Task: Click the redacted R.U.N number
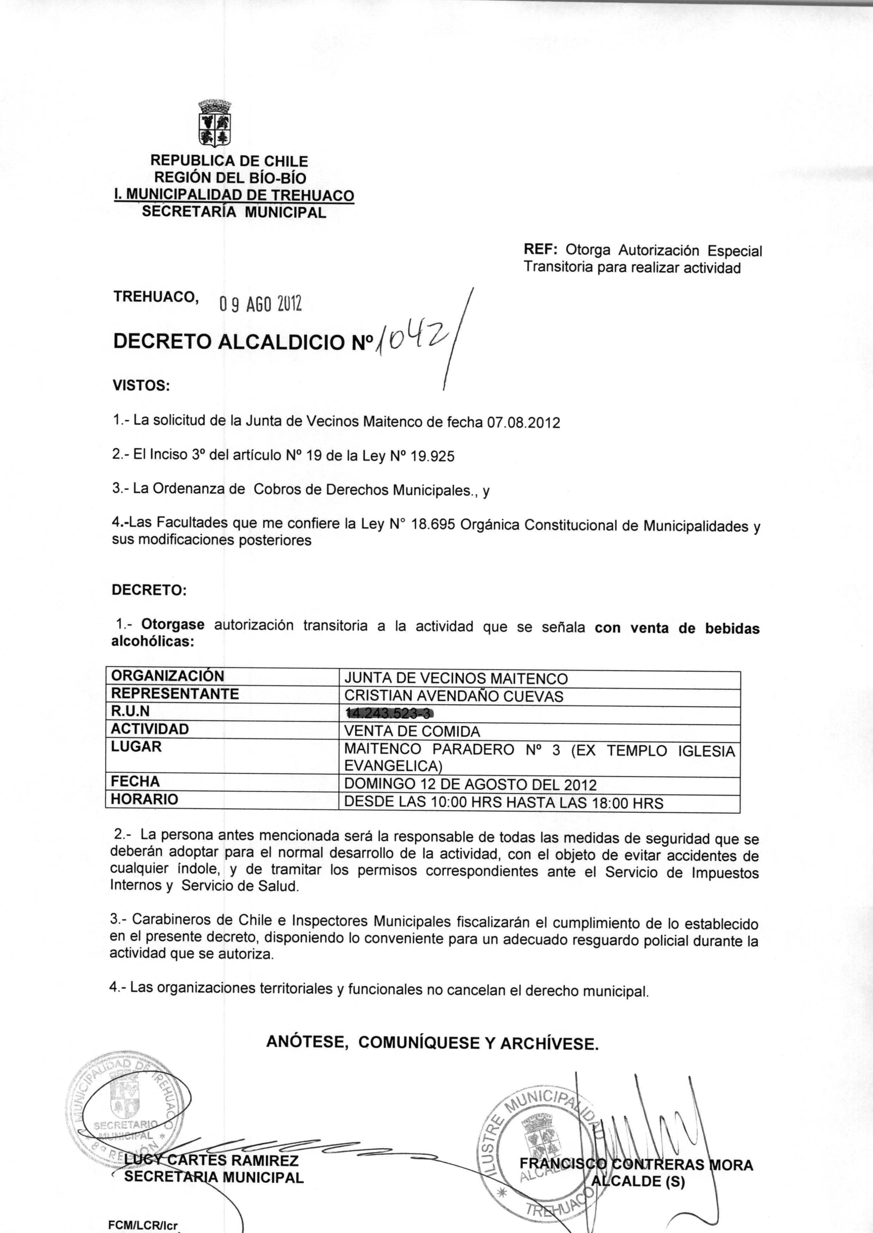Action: click(x=389, y=714)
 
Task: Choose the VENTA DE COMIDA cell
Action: click(x=412, y=731)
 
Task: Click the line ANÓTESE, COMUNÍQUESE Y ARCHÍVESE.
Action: click(x=432, y=1043)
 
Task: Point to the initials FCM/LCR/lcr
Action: click(x=143, y=1226)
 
